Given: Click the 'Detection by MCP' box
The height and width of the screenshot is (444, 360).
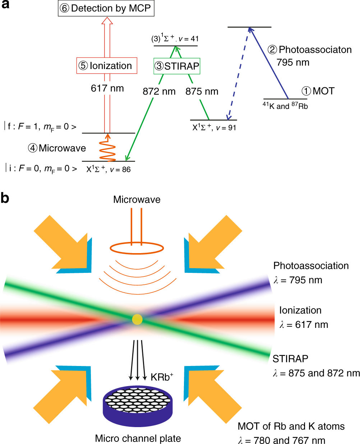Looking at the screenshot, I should pos(106,9).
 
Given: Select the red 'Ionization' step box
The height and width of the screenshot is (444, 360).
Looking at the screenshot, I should pos(107,66).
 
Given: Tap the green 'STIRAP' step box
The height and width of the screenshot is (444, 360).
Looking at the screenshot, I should pos(177,66).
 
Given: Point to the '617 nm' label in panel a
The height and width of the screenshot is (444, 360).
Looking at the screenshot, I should pos(107,88).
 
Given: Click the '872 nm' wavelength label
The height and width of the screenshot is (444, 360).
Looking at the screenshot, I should pos(159,92).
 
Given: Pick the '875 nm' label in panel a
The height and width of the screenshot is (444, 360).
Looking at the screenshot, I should pos(202,92).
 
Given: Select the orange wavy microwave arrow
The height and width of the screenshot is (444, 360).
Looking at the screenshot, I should pos(107,148).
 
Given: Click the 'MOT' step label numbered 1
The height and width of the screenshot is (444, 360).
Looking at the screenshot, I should pos(318,91).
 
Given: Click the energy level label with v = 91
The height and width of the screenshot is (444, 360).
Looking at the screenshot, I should pos(214,127).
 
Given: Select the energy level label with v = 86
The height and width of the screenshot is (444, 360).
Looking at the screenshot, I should pos(108,169).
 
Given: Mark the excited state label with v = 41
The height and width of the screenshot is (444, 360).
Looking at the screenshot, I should pos(175,38).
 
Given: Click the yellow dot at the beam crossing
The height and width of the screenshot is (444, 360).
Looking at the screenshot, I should pos(137,319).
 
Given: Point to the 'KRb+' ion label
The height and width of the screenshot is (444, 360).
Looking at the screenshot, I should pos(162,377).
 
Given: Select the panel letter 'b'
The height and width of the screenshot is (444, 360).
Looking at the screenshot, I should pos(5,198).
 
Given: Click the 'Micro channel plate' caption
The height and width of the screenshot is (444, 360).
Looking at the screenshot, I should pos(138,438).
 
